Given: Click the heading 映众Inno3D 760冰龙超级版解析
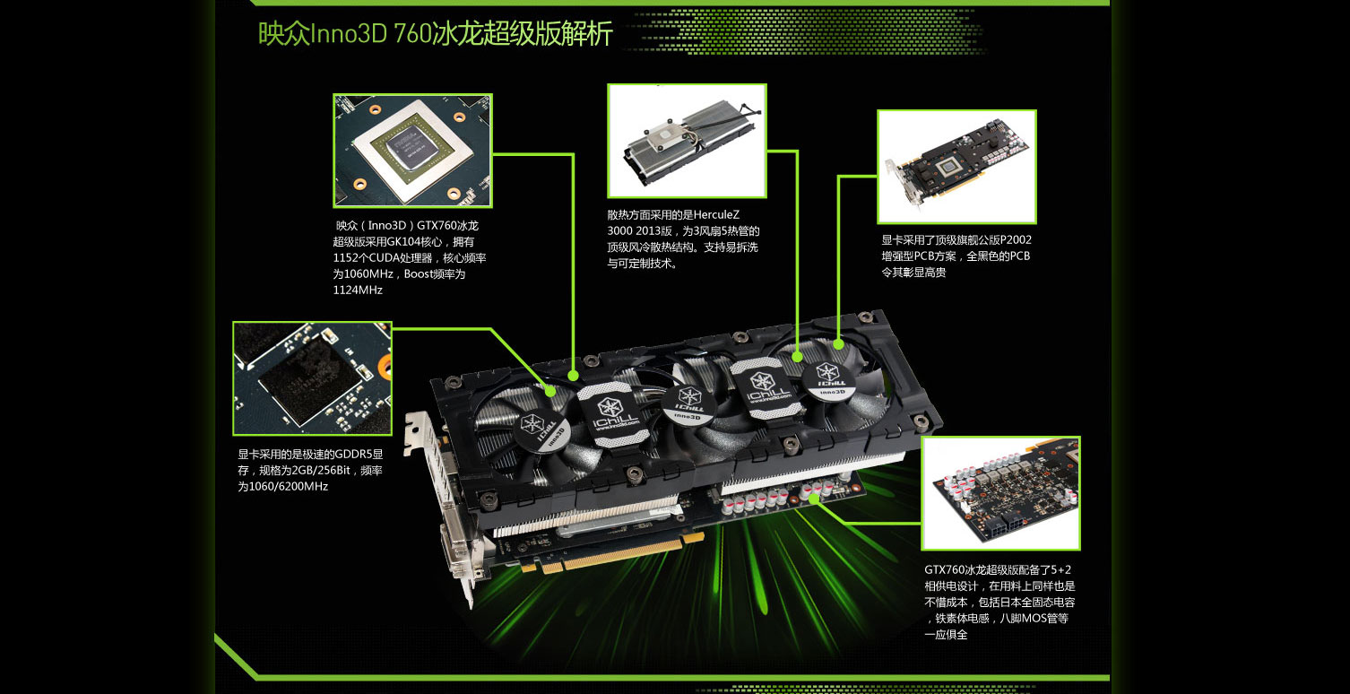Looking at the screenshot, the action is tap(435, 33).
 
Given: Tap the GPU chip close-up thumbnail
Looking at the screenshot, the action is tap(413, 151).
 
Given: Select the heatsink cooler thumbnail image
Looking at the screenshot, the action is tap(687, 141).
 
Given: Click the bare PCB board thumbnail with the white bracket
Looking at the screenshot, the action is tap(957, 167).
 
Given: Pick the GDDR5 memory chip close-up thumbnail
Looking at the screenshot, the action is tap(312, 378).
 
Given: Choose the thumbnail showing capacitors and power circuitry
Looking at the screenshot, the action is tap(1001, 493).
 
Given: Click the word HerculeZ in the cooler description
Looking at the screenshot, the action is tap(716, 214).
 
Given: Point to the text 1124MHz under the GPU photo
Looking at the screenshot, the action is tap(358, 290).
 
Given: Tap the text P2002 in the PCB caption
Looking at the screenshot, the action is tap(1017, 240).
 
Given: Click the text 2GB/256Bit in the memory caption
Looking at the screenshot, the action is tap(321, 471).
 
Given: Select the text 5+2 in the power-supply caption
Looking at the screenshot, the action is tap(1060, 569).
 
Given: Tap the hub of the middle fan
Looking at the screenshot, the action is tap(688, 403).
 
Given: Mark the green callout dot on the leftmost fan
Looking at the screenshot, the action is tap(550, 391).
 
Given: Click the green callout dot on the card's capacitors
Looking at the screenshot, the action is tap(814, 498).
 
